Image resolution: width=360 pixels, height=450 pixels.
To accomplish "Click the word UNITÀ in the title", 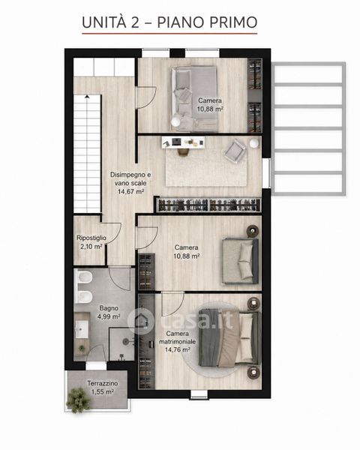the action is tap(104, 22).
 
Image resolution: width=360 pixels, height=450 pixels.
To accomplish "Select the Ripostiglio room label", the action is tap(91, 238).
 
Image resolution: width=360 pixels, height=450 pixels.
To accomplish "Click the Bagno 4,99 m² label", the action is tap(109, 312).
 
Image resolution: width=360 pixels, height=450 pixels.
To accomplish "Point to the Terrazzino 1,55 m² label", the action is tap(103, 388).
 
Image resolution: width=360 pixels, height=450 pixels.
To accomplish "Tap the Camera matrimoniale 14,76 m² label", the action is tap(178, 341).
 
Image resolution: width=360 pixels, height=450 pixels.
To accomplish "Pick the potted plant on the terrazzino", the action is tap(78, 400).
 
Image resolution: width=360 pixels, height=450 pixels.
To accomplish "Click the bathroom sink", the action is tap(82, 329).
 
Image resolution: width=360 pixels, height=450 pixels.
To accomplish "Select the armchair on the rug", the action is tap(235, 151).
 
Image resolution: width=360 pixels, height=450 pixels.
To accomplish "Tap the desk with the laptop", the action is tap(183, 142).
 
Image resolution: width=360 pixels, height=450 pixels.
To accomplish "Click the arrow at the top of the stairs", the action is tap(87, 97).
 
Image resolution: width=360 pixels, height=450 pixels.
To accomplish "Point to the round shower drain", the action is tap(125, 341).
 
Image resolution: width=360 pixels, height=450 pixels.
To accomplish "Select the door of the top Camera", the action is tap(145, 97).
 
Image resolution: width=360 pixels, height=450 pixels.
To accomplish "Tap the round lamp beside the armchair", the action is tap(254, 143).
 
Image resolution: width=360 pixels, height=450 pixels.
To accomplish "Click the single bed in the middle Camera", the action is tap(241, 261).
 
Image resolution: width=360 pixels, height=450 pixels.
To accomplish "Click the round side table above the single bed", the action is tap(253, 231).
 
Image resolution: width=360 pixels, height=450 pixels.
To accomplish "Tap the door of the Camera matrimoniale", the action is tap(172, 303).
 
